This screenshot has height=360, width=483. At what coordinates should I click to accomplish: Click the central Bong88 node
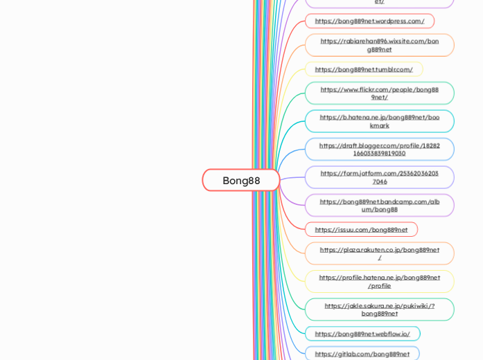click(241, 180)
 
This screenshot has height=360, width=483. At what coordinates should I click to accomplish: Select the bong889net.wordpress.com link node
click(369, 21)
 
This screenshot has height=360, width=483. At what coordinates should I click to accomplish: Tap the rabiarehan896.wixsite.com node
click(379, 45)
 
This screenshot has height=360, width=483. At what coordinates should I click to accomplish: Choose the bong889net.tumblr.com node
click(364, 69)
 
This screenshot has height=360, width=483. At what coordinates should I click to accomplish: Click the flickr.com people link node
click(379, 93)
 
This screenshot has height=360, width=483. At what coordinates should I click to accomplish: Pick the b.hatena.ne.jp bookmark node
click(379, 121)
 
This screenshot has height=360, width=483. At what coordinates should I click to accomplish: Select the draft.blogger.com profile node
click(379, 149)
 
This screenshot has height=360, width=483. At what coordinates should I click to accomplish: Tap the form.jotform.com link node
click(379, 177)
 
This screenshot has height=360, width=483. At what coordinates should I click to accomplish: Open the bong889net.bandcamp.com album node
click(379, 205)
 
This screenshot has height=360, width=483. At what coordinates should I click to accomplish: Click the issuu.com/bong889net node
click(361, 229)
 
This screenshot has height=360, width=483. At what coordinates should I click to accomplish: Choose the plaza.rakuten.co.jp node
click(379, 253)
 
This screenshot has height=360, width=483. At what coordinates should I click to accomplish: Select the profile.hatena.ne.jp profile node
click(379, 281)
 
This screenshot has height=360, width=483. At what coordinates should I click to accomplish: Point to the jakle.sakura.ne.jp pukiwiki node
click(379, 309)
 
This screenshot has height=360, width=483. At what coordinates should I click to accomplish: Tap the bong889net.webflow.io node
click(362, 334)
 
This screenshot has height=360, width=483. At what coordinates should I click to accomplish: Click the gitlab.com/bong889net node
click(362, 354)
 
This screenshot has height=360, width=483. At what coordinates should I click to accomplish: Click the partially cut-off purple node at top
click(379, 3)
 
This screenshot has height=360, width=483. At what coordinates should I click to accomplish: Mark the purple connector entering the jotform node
click(295, 178)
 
